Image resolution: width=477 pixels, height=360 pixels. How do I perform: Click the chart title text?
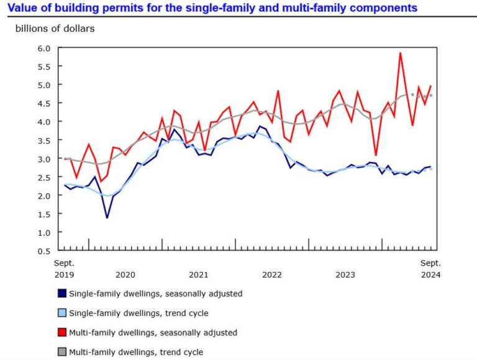(211, 8)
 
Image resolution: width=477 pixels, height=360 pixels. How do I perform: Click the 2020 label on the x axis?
(125, 274)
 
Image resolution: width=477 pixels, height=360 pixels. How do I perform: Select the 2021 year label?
(198, 274)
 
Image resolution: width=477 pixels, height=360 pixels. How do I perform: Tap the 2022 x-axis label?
(272, 274)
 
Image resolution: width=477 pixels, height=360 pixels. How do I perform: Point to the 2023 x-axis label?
(345, 274)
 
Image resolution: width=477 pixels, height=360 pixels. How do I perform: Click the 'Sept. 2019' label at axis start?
(64, 268)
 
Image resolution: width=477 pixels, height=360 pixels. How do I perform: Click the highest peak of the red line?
(400, 53)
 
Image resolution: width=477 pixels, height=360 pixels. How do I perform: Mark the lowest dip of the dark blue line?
(107, 217)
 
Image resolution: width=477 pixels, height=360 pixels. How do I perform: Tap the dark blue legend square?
(61, 293)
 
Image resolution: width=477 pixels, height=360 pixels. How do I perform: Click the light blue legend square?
(61, 313)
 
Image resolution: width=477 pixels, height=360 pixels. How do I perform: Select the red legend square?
(61, 333)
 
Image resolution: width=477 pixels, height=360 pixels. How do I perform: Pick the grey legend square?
(61, 352)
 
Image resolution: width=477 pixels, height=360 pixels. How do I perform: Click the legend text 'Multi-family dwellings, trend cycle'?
(136, 352)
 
